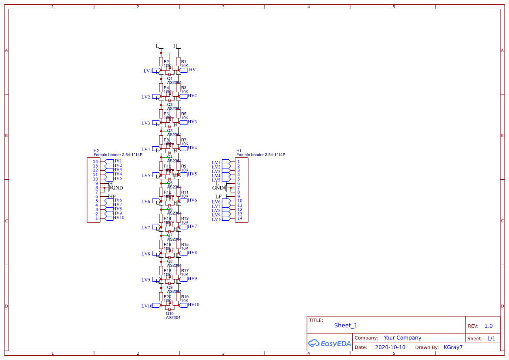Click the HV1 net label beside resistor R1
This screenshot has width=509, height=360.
[193, 70]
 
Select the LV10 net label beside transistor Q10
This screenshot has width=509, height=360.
[147, 306]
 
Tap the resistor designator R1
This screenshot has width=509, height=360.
[184, 62]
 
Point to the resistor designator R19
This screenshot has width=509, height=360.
[185, 297]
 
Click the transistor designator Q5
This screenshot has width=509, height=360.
[170, 183]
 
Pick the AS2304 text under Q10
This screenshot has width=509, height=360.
[173, 318]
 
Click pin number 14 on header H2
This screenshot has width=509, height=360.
[95, 161]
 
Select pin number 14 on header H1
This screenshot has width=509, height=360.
[239, 218]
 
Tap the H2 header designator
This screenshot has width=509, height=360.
[96, 151]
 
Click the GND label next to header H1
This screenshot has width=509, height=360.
[217, 188]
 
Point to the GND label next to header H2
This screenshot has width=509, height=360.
[118, 188]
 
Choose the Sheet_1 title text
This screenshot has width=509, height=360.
[345, 326]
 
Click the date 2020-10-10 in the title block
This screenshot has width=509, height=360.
[390, 347]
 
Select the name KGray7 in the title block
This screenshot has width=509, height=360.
[453, 347]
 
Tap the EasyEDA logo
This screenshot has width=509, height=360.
[329, 343]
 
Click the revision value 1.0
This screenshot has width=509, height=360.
[488, 326]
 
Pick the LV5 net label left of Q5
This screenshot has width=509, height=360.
[145, 175]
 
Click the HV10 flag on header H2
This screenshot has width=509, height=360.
[118, 218]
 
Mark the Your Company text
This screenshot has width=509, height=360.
[402, 338]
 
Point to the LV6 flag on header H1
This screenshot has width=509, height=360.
[216, 202]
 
